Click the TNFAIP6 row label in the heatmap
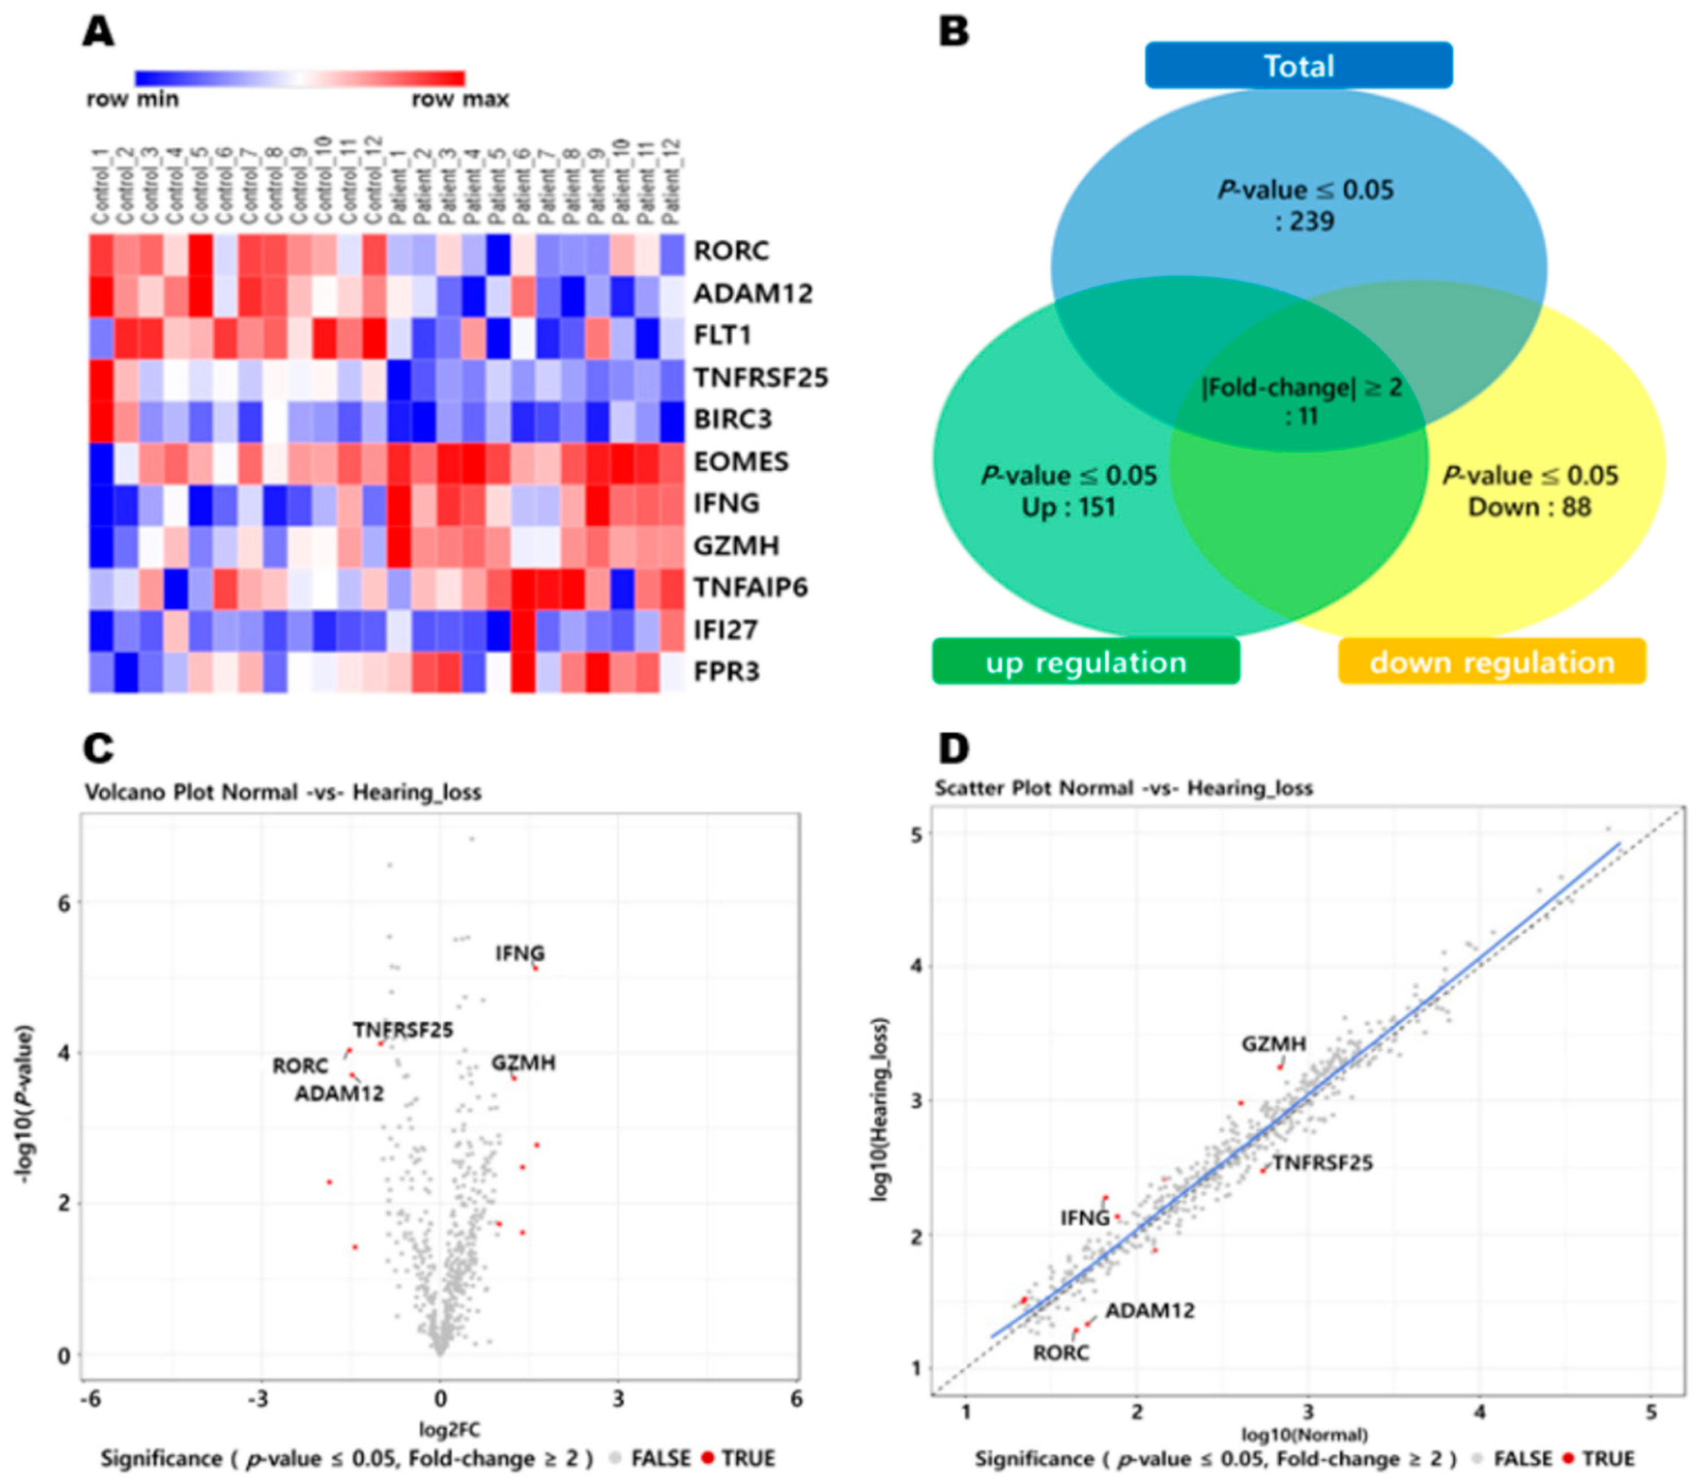[x=750, y=587]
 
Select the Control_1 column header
[x=100, y=184]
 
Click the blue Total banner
[x=1298, y=65]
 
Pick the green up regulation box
[x=1085, y=662]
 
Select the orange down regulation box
[x=1490, y=662]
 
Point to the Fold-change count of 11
[x=1301, y=416]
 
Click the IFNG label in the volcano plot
[x=520, y=953]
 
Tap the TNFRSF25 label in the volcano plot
[x=403, y=1029]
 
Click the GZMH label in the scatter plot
[x=1273, y=1044]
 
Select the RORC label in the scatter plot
[x=1060, y=1352]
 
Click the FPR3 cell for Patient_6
[x=522, y=672]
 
